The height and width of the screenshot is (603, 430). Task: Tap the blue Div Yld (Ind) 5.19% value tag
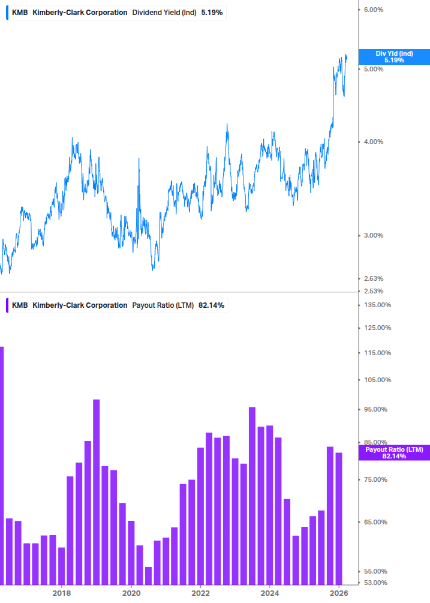pos(393,57)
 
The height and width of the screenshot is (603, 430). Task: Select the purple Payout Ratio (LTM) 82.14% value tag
pos(393,453)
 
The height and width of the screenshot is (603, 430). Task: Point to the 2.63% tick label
pos(373,278)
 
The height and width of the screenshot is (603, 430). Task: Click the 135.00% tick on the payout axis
pos(377,305)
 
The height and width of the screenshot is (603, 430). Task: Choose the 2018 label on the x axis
pos(61,593)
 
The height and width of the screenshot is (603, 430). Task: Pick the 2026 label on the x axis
pos(339,593)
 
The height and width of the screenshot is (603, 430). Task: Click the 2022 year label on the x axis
pos(200,593)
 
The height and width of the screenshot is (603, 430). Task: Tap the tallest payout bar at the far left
pos(2,465)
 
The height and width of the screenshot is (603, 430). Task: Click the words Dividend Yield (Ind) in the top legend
pos(164,12)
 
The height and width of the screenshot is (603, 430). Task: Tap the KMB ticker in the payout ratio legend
pos(20,305)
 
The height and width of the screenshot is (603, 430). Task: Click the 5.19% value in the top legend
pos(212,12)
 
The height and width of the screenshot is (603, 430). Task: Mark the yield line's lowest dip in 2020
pos(153,269)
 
